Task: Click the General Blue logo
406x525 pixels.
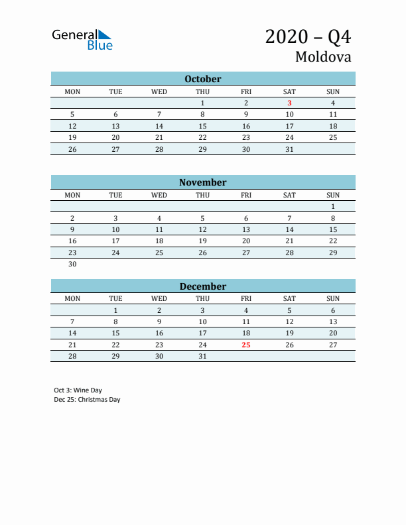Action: [82, 39]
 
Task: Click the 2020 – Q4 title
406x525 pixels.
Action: [308, 36]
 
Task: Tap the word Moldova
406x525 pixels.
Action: [323, 57]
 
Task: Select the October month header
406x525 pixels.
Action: [202, 79]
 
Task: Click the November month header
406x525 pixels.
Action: [202, 182]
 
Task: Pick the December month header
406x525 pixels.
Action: [202, 286]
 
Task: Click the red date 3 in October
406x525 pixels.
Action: [289, 103]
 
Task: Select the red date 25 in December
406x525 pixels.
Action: [246, 345]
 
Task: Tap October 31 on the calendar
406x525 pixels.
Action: [289, 149]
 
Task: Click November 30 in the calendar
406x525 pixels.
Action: [72, 264]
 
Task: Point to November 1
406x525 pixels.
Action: [333, 206]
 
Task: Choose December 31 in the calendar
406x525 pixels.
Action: [202, 356]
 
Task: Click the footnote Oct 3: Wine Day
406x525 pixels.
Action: [78, 390]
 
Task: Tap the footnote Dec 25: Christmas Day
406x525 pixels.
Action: [88, 400]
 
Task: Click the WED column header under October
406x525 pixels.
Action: [159, 91]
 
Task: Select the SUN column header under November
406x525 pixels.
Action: [333, 195]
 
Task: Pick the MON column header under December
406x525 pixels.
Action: [72, 298]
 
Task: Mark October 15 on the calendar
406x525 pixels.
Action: [202, 126]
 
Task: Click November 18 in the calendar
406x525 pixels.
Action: [159, 241]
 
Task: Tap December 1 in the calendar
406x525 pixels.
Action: [115, 310]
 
